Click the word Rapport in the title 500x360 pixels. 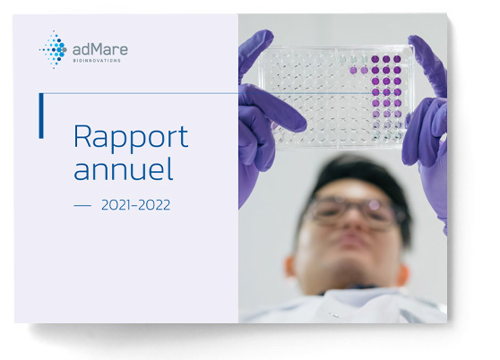coord(131,138)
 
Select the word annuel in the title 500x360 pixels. coord(124,169)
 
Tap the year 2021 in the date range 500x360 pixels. coord(116,205)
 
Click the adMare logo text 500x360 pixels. coord(99,49)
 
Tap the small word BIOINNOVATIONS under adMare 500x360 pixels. coord(97,61)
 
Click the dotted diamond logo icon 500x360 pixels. coord(53,49)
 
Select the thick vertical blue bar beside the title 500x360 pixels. coord(41,116)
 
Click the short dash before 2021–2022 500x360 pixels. coord(82,205)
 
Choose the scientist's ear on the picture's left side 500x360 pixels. coord(290,266)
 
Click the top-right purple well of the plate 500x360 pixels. coord(397,59)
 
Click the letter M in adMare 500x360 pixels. coord(98,49)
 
